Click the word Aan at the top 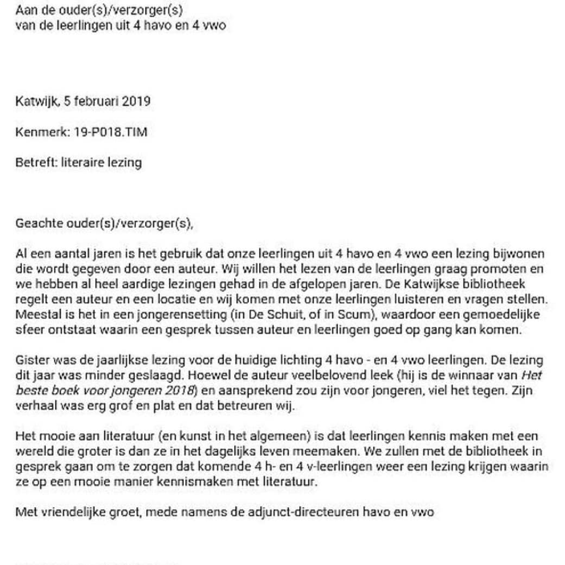25,10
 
